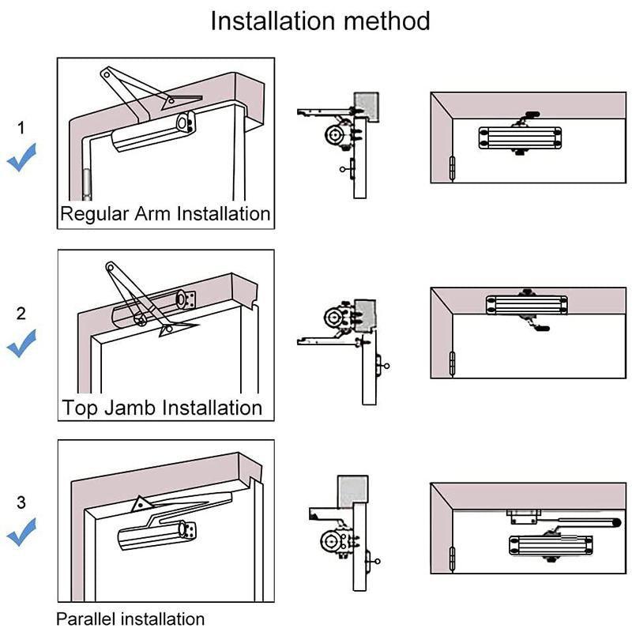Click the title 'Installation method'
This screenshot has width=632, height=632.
click(320, 21)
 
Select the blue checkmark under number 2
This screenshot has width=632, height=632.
click(21, 344)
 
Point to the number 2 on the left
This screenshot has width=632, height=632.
click(21, 313)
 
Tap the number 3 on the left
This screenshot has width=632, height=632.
click(21, 502)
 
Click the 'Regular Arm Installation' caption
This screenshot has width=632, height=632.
click(165, 213)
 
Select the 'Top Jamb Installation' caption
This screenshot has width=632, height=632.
click(162, 408)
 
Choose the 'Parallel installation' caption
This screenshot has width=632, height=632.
click(130, 619)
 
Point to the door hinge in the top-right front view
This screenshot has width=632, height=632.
click(452, 168)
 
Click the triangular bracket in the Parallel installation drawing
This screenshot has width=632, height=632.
click(141, 503)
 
